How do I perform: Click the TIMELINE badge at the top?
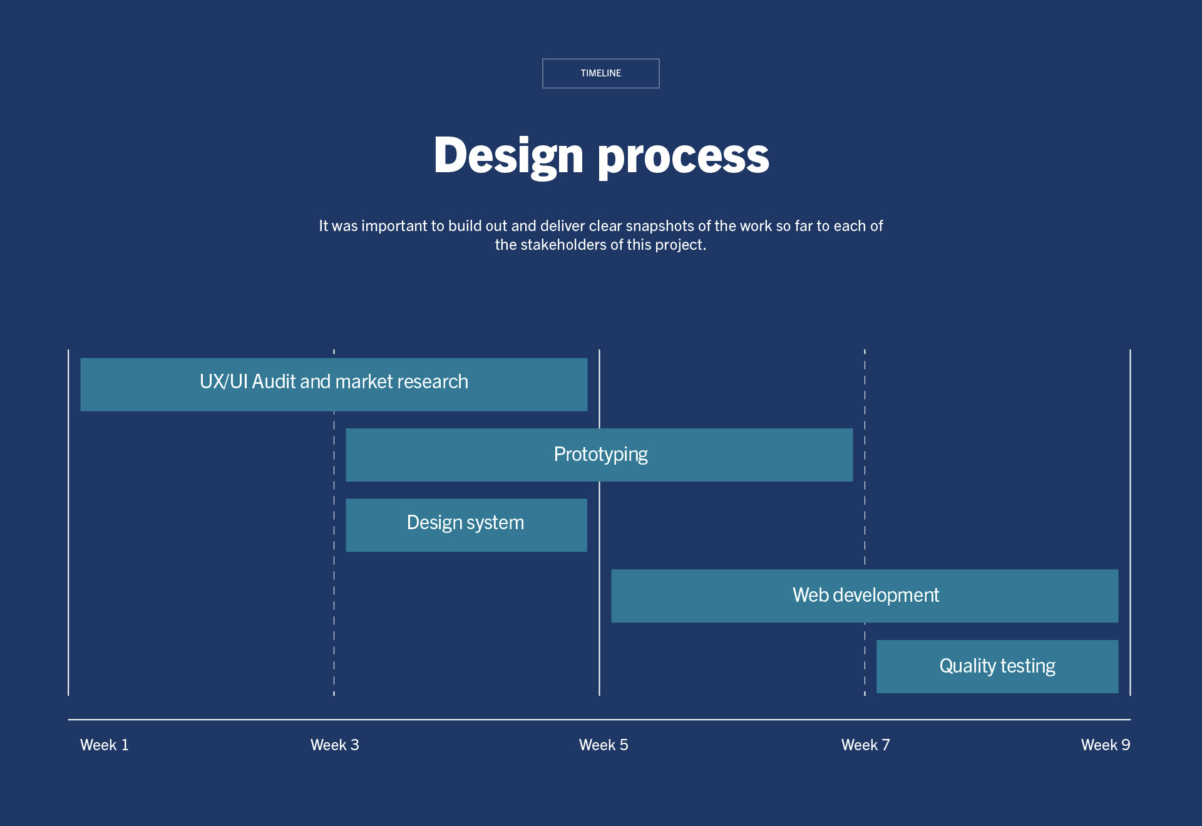[x=600, y=73]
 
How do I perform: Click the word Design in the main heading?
[x=508, y=156]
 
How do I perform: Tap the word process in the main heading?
[x=683, y=157]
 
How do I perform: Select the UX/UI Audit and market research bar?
[x=334, y=385]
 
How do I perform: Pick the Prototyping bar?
[x=599, y=455]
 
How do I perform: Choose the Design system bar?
[x=466, y=525]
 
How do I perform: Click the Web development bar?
[x=865, y=596]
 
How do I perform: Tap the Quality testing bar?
[x=997, y=666]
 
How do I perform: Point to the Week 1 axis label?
[x=105, y=745]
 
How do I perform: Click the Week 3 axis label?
[x=335, y=745]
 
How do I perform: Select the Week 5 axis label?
[x=604, y=745]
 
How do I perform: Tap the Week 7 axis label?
[x=865, y=745]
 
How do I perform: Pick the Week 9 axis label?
[x=1105, y=745]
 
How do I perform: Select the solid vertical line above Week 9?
[x=1130, y=501]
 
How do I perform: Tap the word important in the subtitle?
[x=394, y=226]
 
